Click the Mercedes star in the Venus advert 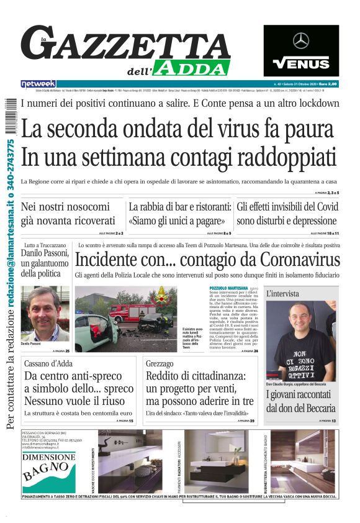pos(301,41)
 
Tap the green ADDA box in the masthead pos(193,67)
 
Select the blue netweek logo pos(38,83)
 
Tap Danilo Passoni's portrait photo pos(45,313)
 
